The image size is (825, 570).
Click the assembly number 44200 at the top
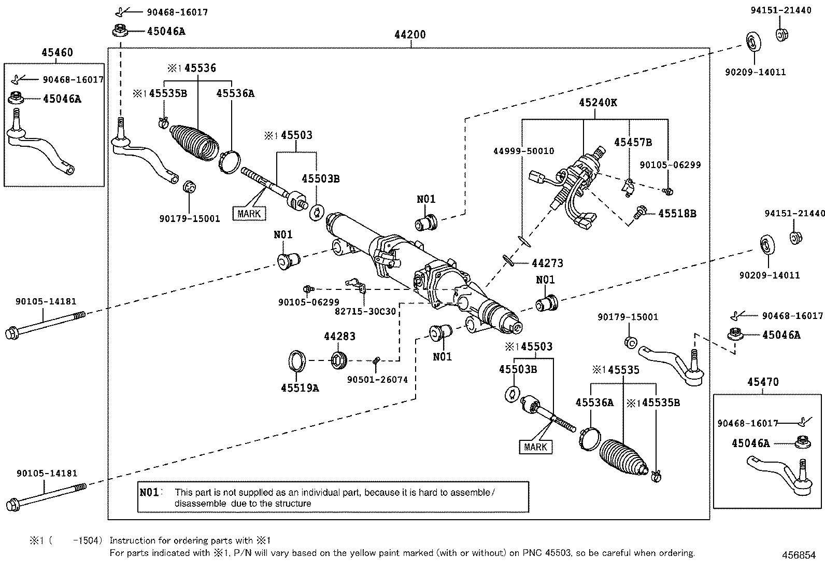click(x=410, y=35)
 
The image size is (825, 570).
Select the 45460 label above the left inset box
click(x=57, y=52)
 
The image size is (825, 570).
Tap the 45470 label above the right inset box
click(x=763, y=382)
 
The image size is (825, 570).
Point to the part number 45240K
click(x=598, y=102)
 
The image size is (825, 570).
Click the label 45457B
click(x=633, y=142)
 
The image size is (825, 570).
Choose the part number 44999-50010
click(x=523, y=151)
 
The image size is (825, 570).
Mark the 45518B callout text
click(x=677, y=213)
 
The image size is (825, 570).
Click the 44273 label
click(x=547, y=263)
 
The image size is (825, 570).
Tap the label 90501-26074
click(x=377, y=380)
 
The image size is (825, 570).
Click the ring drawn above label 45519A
click(x=296, y=361)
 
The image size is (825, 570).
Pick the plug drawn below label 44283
click(x=339, y=359)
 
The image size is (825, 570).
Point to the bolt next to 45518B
click(x=639, y=211)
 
